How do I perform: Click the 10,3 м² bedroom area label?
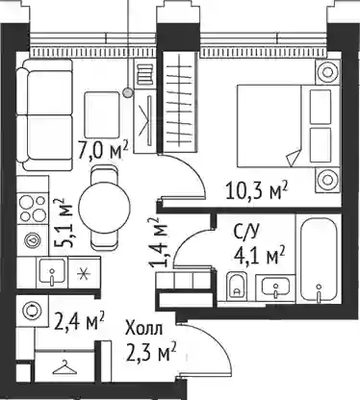point(257,190)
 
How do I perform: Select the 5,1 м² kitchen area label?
point(64,223)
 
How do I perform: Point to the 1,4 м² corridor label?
point(158,242)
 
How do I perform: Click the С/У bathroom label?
point(246,232)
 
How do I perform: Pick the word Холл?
point(144,329)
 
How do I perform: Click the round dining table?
point(105,208)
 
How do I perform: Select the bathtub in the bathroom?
point(319,260)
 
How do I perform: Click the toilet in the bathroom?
point(237,287)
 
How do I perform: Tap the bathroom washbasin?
point(275,287)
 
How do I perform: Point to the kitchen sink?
point(52,271)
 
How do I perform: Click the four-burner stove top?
point(33,208)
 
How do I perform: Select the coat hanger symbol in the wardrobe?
point(65,367)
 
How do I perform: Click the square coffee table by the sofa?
point(102,115)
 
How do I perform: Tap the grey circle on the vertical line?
point(128,92)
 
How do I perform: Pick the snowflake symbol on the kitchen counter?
point(84,273)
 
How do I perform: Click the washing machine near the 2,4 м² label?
point(33,311)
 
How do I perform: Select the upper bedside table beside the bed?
point(327,72)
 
